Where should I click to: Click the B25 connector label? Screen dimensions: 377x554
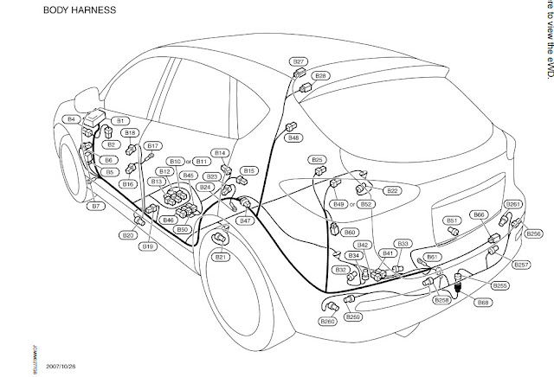point(317,160)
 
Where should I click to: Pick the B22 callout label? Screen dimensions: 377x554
point(392,190)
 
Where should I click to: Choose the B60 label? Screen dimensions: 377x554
point(350,233)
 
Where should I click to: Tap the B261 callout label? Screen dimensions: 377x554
point(513,204)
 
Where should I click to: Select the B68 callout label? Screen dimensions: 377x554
point(483,302)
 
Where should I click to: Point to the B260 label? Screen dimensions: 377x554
point(327,323)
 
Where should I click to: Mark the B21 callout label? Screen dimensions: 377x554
point(220,257)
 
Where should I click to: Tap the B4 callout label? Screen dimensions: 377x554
point(72,118)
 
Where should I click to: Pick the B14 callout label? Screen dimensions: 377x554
point(220,153)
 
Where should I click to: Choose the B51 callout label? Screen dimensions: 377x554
point(451,220)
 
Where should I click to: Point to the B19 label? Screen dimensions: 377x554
point(148,246)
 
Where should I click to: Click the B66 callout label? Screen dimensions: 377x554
point(479,213)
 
